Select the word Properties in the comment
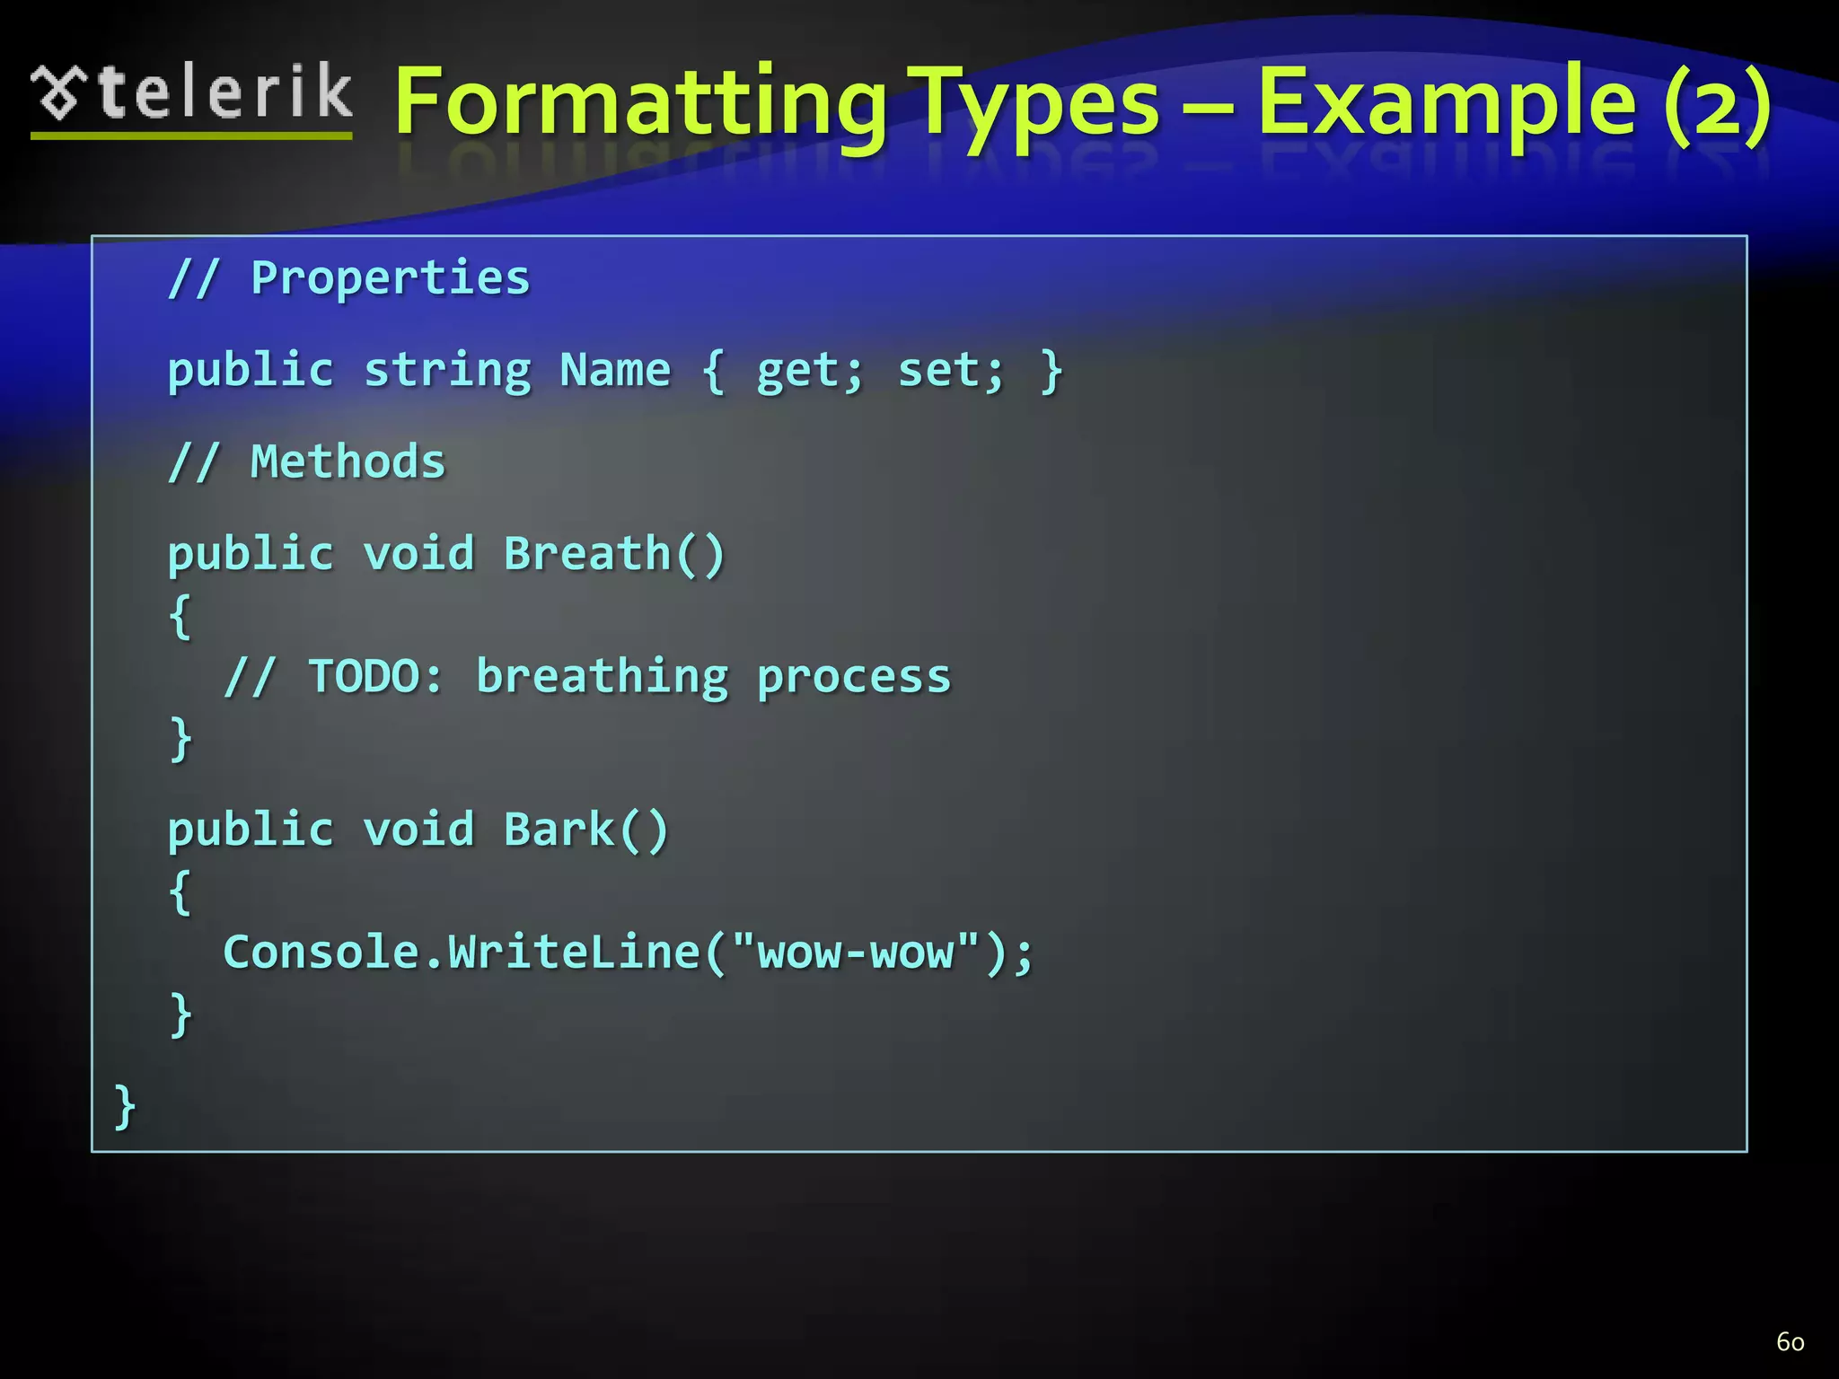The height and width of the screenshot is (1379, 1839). coord(390,278)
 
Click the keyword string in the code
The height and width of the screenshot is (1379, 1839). coord(447,371)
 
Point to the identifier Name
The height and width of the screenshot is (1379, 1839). coord(615,370)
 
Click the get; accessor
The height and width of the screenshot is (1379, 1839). coord(809,371)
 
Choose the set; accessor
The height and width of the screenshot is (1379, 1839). coord(950,371)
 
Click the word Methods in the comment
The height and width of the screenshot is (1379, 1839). coord(348,462)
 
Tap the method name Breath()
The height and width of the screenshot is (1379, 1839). coord(614,554)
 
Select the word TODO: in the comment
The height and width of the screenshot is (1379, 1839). coord(375,676)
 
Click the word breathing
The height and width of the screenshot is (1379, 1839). coord(602,676)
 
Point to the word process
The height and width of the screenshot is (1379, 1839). coord(853,676)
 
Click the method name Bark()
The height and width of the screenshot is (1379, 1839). coord(586,830)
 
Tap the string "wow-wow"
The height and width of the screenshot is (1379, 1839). coord(855,952)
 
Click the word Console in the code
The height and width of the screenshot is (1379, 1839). coord(321,952)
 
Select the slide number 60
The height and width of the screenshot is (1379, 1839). coord(1790,1341)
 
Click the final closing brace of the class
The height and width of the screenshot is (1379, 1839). coord(125,1106)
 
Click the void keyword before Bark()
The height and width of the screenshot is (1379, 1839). coord(418,830)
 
